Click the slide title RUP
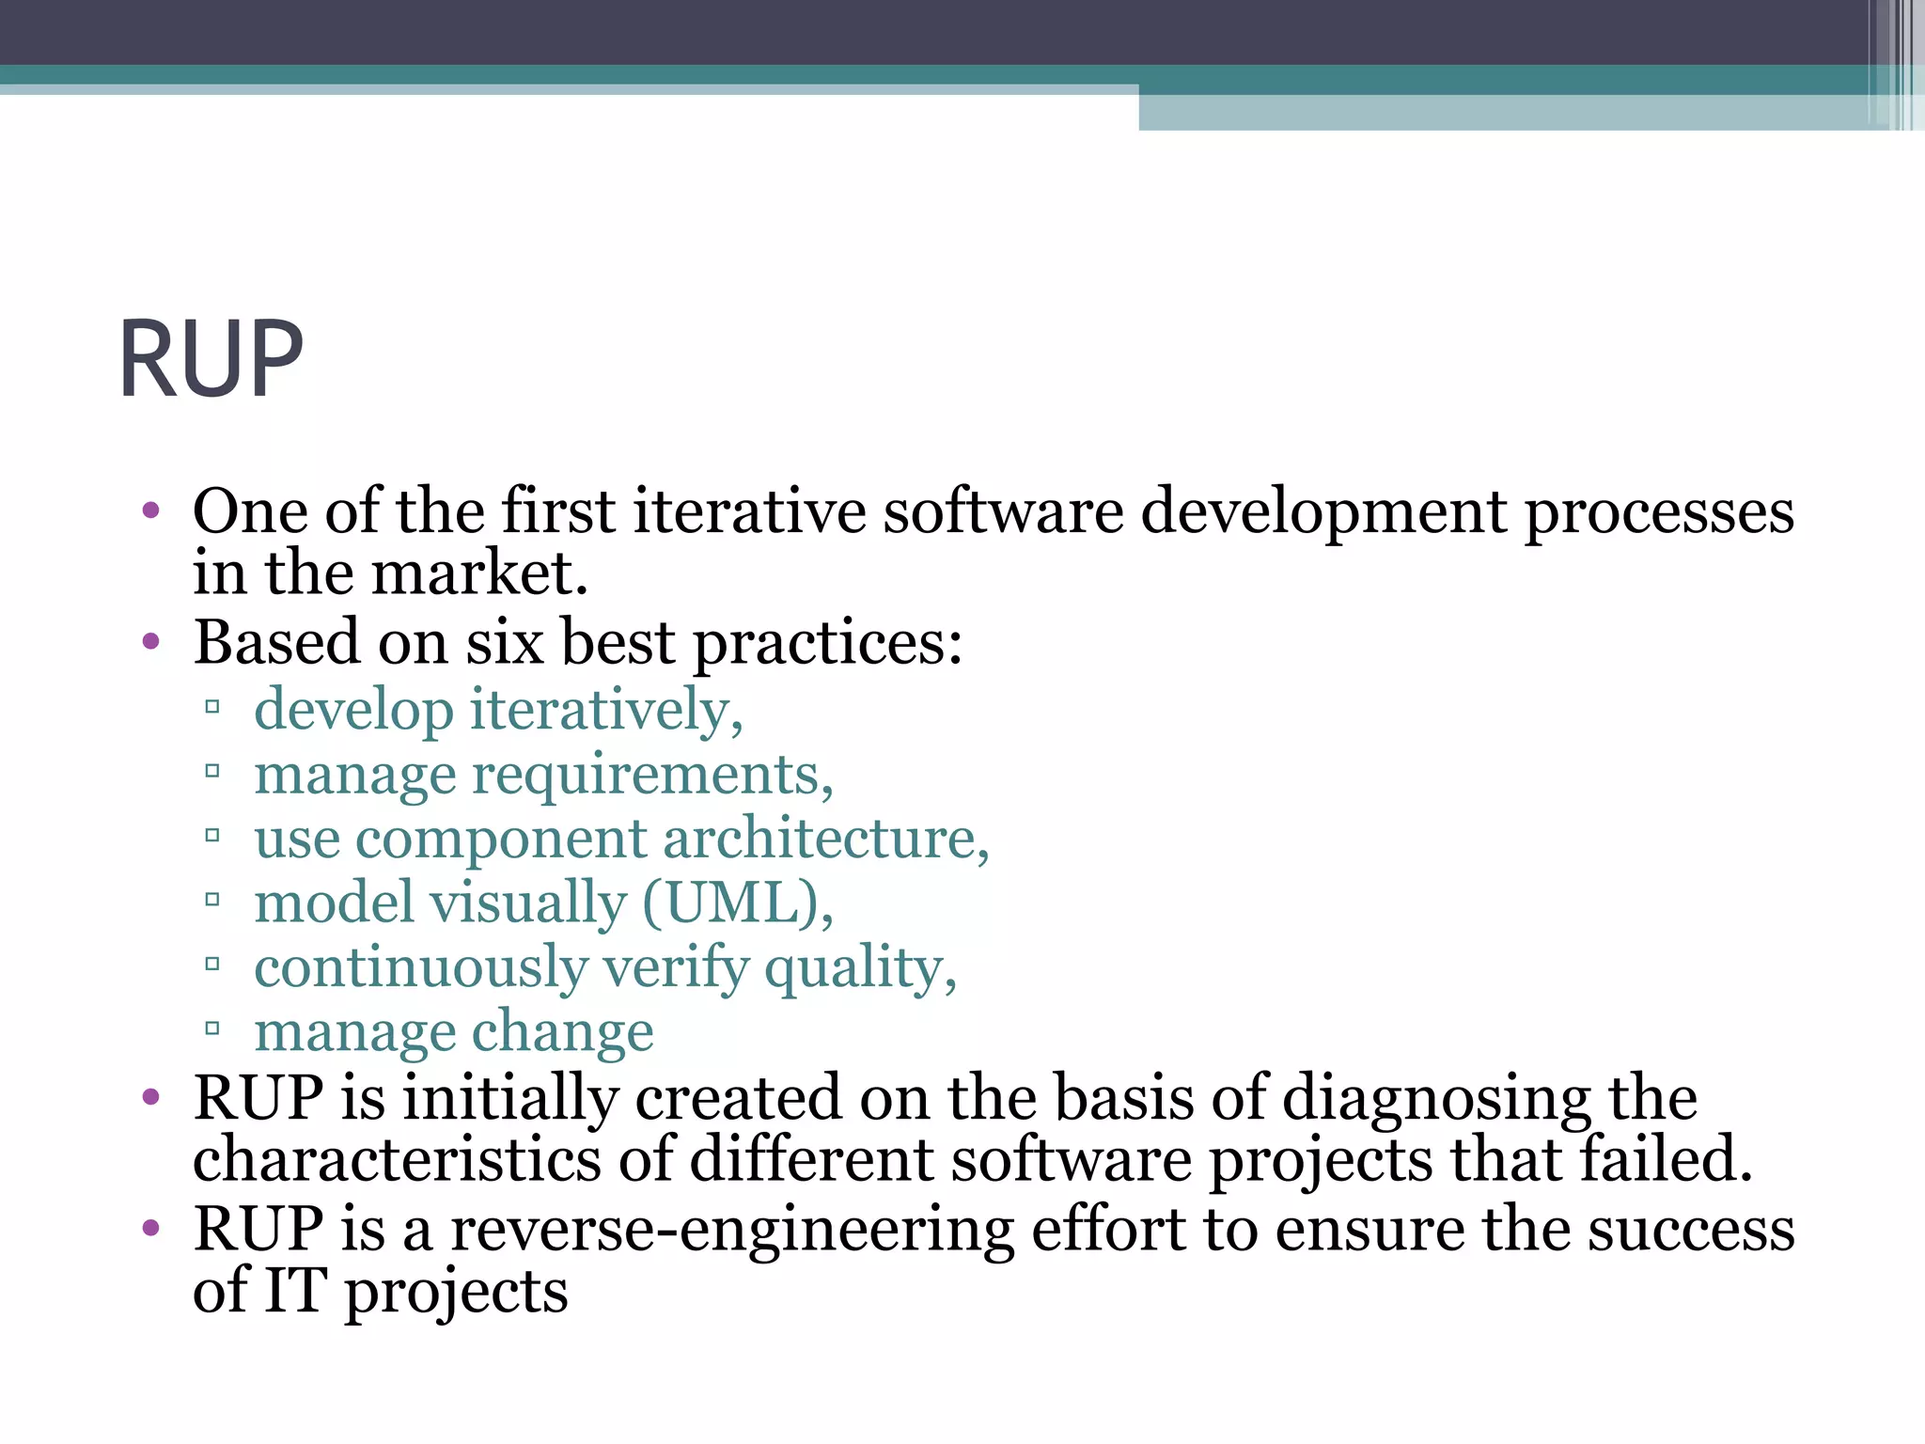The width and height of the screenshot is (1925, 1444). pos(211,359)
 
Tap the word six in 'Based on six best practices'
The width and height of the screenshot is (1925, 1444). pos(505,643)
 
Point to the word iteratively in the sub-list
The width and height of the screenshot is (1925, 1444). pos(605,710)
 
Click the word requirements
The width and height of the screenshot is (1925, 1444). pos(652,776)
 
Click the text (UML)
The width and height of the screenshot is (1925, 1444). pos(737,903)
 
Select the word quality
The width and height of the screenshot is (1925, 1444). pos(859,968)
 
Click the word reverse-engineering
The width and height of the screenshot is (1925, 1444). pos(732,1230)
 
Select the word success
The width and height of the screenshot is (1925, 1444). pos(1691,1230)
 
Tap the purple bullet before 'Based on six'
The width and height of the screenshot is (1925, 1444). pos(151,643)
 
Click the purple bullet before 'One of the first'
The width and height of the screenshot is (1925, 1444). pos(151,512)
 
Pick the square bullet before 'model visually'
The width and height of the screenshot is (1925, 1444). pos(212,901)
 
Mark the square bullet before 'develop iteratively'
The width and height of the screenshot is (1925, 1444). pos(212,707)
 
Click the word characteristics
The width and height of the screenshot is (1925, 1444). pos(396,1159)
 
